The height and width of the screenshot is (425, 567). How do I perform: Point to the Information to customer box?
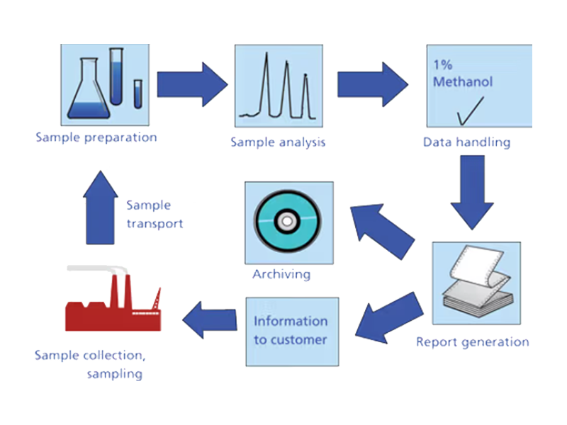[291, 331]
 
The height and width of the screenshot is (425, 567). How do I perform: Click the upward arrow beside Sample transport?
[101, 205]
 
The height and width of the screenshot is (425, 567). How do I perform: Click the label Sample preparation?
[96, 137]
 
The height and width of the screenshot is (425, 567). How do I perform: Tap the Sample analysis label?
[278, 142]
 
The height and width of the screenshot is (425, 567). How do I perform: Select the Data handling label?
[466, 142]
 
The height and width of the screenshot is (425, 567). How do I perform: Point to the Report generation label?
[472, 342]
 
